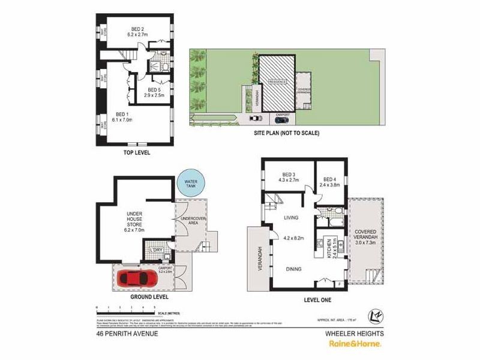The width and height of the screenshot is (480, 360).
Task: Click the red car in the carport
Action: pyautogui.click(x=139, y=278)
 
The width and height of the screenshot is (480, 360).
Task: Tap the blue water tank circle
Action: pyautogui.click(x=191, y=182)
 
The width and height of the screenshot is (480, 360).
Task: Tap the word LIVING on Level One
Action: pyautogui.click(x=292, y=219)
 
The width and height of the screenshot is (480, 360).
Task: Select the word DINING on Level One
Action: pyautogui.click(x=293, y=269)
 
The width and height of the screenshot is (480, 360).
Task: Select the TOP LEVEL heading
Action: pyautogui.click(x=137, y=153)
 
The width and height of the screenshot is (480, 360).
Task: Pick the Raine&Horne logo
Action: pyautogui.click(x=353, y=344)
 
